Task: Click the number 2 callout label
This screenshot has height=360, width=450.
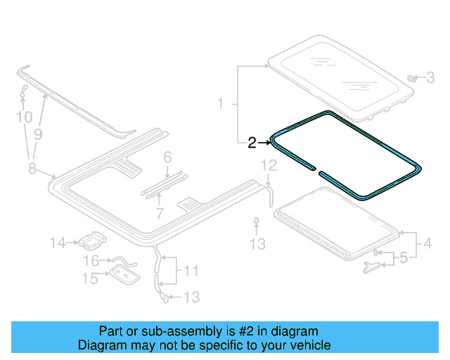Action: point(251,143)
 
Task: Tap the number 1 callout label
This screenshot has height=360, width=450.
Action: point(220,104)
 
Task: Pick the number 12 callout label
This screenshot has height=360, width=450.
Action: point(269,166)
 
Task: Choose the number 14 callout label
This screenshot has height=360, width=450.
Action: point(58,243)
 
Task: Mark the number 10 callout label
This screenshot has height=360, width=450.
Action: point(25,117)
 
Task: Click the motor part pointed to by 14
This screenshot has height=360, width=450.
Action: point(89,242)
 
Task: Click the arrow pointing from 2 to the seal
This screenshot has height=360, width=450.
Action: point(264,143)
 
